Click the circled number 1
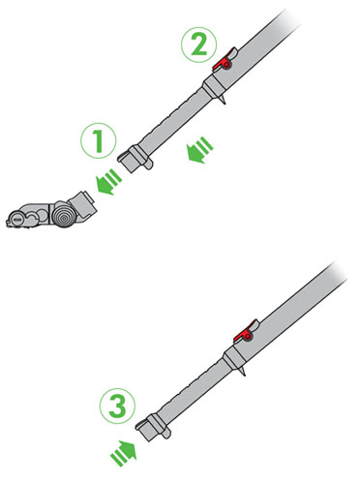tap(98, 140)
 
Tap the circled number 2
tap(198, 45)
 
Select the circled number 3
tap(117, 407)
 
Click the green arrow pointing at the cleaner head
tap(108, 182)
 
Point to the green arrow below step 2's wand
tap(200, 150)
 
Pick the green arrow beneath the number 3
tap(124, 453)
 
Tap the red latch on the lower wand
tap(245, 333)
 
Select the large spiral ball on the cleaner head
tap(63, 215)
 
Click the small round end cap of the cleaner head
tap(16, 219)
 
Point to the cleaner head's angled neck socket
tap(82, 204)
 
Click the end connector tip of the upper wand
tap(128, 163)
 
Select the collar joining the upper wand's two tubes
tap(214, 86)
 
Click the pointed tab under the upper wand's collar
tap(223, 100)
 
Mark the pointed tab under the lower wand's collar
tap(243, 372)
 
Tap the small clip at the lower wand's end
tap(165, 434)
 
